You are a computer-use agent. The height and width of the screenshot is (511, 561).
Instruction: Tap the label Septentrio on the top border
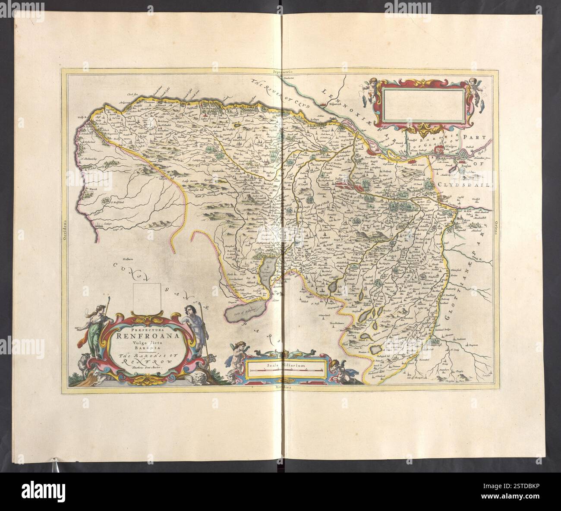(280, 70)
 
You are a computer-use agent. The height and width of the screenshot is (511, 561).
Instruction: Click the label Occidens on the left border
(64, 224)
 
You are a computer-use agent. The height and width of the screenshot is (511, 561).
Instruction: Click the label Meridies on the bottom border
(280, 388)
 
